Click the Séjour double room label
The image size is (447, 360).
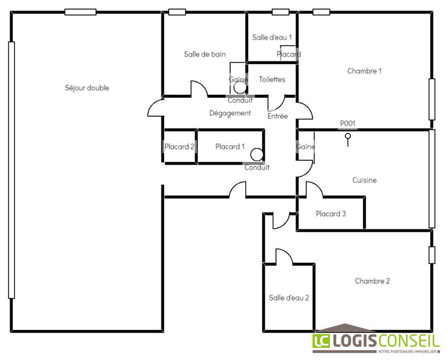click(87, 88)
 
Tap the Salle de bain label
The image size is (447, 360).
click(205, 54)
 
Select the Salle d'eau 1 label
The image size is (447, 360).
click(272, 37)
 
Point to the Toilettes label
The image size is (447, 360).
click(272, 80)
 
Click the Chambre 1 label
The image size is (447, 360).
click(364, 71)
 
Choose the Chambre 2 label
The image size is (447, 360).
click(372, 281)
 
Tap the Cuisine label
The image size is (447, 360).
click(364, 180)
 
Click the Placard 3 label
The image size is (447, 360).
click(331, 214)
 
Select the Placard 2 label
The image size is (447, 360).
click(179, 147)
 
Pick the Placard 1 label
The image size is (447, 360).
click(230, 147)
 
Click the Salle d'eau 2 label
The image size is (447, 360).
click(289, 298)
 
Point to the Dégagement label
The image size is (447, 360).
click(230, 113)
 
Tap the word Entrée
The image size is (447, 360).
click(278, 117)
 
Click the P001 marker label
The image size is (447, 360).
click(348, 123)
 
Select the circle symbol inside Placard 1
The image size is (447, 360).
click(256, 154)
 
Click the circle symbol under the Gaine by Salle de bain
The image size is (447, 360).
click(239, 88)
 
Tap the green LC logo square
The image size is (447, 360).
click(321, 342)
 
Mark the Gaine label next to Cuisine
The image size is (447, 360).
click(306, 147)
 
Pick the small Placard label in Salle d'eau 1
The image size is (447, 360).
click(289, 54)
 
